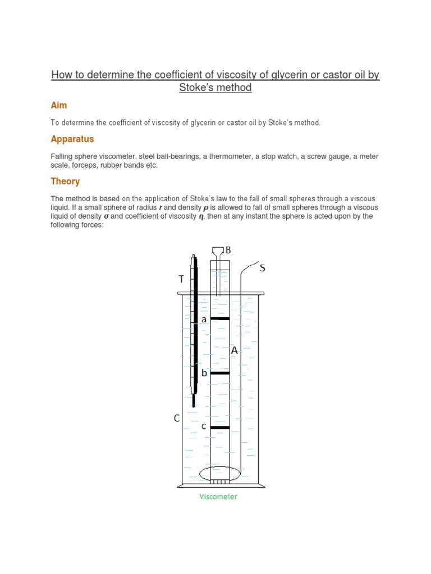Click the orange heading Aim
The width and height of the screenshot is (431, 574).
pos(59,105)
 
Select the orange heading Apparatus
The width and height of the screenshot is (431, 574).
pos(72,139)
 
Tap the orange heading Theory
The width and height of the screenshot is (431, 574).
pos(65,182)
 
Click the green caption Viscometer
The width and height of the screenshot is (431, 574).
pos(218,497)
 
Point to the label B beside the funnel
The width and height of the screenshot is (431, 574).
pos(228,250)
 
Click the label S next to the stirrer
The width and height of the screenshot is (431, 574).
pos(262,269)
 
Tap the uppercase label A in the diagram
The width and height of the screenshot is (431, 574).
pos(234,350)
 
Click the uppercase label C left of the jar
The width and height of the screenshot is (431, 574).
pos(176,418)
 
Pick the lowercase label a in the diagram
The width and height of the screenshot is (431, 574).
pos(204,319)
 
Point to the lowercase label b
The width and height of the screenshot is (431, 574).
pos(204,373)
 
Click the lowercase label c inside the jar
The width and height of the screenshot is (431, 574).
pos(204,427)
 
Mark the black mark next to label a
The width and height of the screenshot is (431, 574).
pos(220,318)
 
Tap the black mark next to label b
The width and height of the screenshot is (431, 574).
pos(220,373)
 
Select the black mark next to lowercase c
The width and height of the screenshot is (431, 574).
pos(220,427)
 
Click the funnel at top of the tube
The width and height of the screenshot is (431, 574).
pos(218,252)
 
